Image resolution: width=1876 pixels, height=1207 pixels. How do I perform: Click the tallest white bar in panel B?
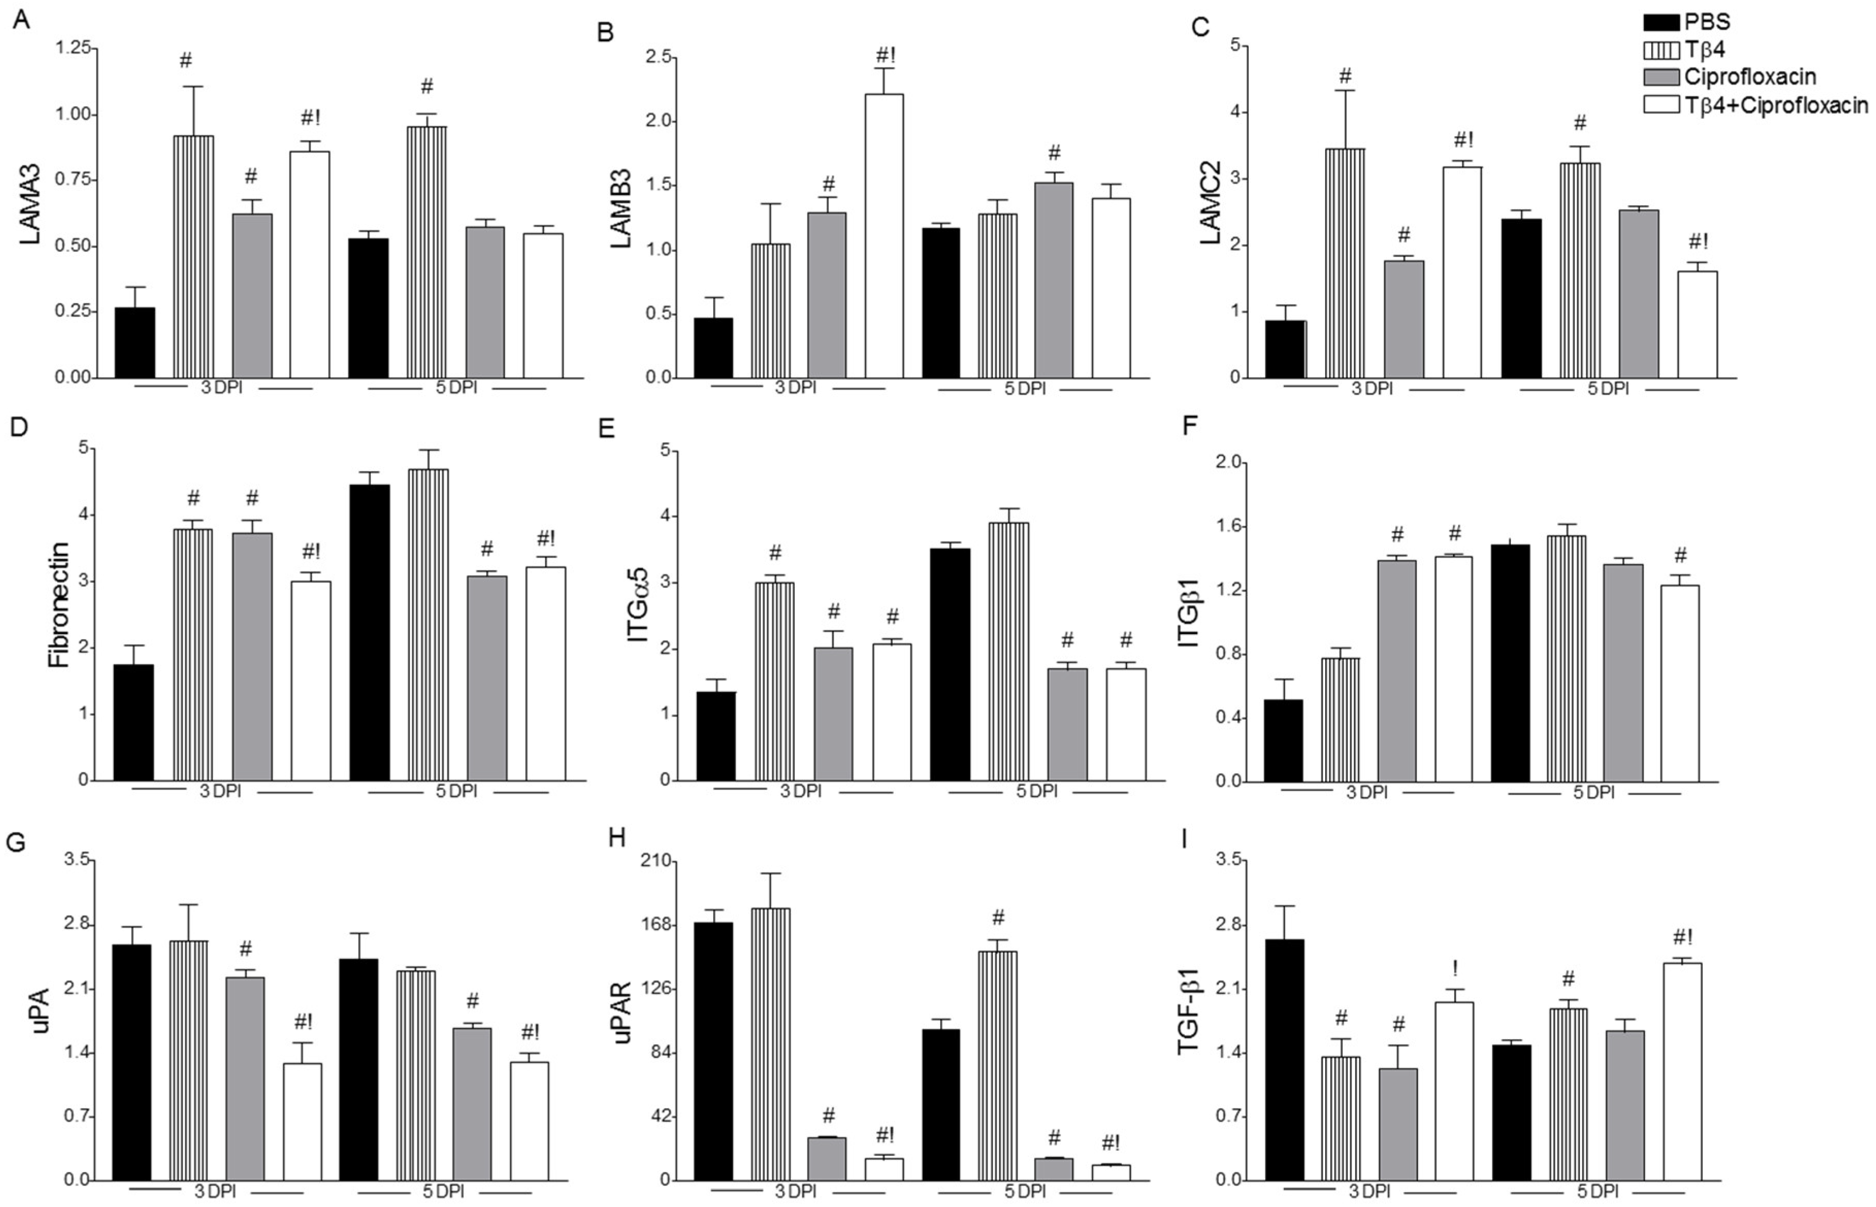(884, 235)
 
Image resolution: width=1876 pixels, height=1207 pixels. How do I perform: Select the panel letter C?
(1199, 27)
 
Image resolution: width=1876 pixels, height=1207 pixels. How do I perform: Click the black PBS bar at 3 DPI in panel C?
(1286, 349)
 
